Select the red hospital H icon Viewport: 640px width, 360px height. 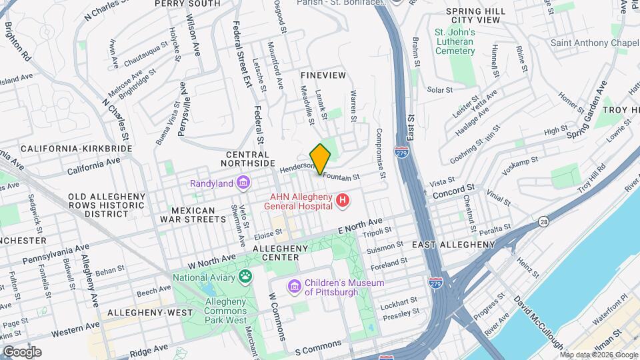[x=343, y=200]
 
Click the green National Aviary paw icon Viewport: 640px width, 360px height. [x=246, y=276]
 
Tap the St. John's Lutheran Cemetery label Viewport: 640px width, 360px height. [x=455, y=42]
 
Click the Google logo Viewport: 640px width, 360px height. [x=22, y=351]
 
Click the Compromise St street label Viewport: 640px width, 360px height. [x=381, y=154]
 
